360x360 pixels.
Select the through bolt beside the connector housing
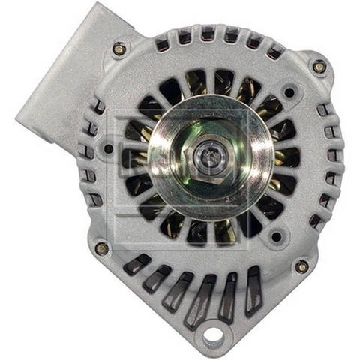[118, 49]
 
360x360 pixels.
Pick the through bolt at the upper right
[319, 66]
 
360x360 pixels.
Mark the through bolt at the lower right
[302, 266]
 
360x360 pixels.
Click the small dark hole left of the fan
[109, 148]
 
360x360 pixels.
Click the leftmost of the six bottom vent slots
[136, 263]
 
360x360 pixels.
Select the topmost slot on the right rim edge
[322, 110]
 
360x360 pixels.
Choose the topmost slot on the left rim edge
[97, 106]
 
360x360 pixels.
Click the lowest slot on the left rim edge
[95, 201]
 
